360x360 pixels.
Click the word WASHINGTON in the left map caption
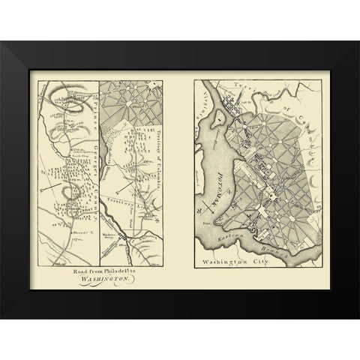[109, 278]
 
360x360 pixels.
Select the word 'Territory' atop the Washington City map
[250, 88]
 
